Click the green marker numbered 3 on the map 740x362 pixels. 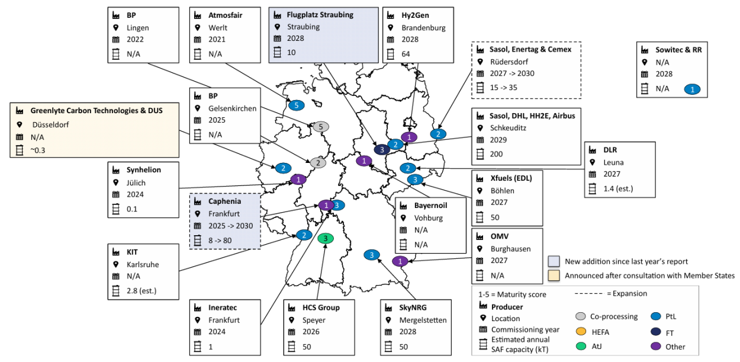pyautogui.click(x=325, y=239)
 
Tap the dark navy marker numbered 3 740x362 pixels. pyautogui.click(x=382, y=150)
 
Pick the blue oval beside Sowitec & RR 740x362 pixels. pyautogui.click(x=691, y=89)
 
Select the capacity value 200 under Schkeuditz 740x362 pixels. pyautogui.click(x=497, y=154)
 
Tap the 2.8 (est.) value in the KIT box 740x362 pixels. pyautogui.click(x=143, y=290)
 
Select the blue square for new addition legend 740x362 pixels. pyautogui.click(x=554, y=261)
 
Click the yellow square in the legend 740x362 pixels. pyautogui.click(x=554, y=275)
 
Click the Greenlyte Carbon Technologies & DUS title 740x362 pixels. pyautogui.click(x=96, y=111)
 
